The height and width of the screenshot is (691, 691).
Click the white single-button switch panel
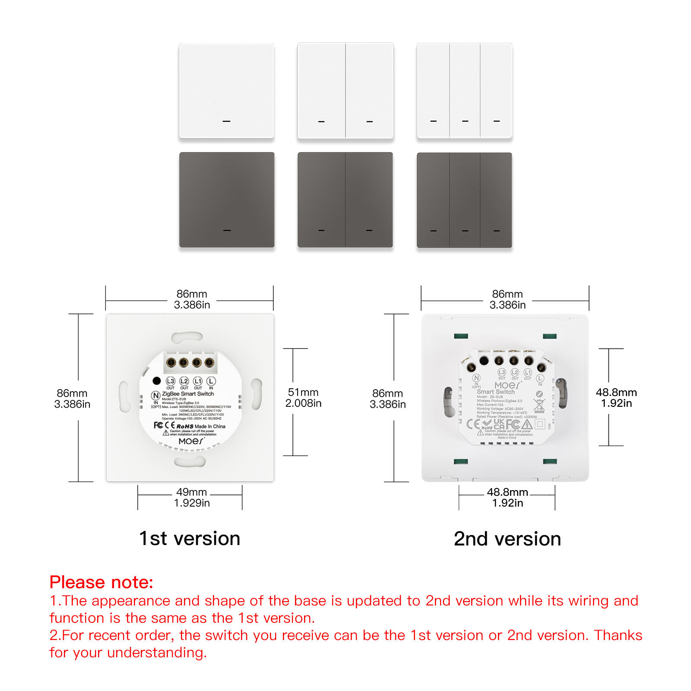pos(226,91)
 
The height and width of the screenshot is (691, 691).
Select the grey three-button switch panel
pos(464,200)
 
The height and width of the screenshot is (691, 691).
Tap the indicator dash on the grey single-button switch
pos(227,230)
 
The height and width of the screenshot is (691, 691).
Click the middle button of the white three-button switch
pos(465,91)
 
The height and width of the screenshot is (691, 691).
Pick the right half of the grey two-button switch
pos(369,200)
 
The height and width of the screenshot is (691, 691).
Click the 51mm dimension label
pos(303,397)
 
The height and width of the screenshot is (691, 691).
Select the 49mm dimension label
pos(192,497)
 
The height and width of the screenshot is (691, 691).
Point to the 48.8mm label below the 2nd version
pos(507,497)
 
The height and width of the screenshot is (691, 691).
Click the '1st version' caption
pos(190,539)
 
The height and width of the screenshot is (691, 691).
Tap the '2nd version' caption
pos(507,539)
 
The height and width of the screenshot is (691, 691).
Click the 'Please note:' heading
pos(101,582)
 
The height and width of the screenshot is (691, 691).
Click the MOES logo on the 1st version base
pos(191,441)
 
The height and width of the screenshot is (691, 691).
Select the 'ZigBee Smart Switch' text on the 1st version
pos(188,394)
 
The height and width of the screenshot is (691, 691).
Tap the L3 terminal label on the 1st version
pos(171,381)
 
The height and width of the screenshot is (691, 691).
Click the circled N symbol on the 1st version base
pos(155,396)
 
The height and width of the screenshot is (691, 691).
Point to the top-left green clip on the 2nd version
pos(461,336)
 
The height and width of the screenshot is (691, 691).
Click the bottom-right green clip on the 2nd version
pos(550,462)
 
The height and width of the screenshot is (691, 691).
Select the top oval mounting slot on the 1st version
pos(187,337)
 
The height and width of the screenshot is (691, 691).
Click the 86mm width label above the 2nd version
pos(507,299)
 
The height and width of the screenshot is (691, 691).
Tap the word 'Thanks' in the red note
pos(618,635)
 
